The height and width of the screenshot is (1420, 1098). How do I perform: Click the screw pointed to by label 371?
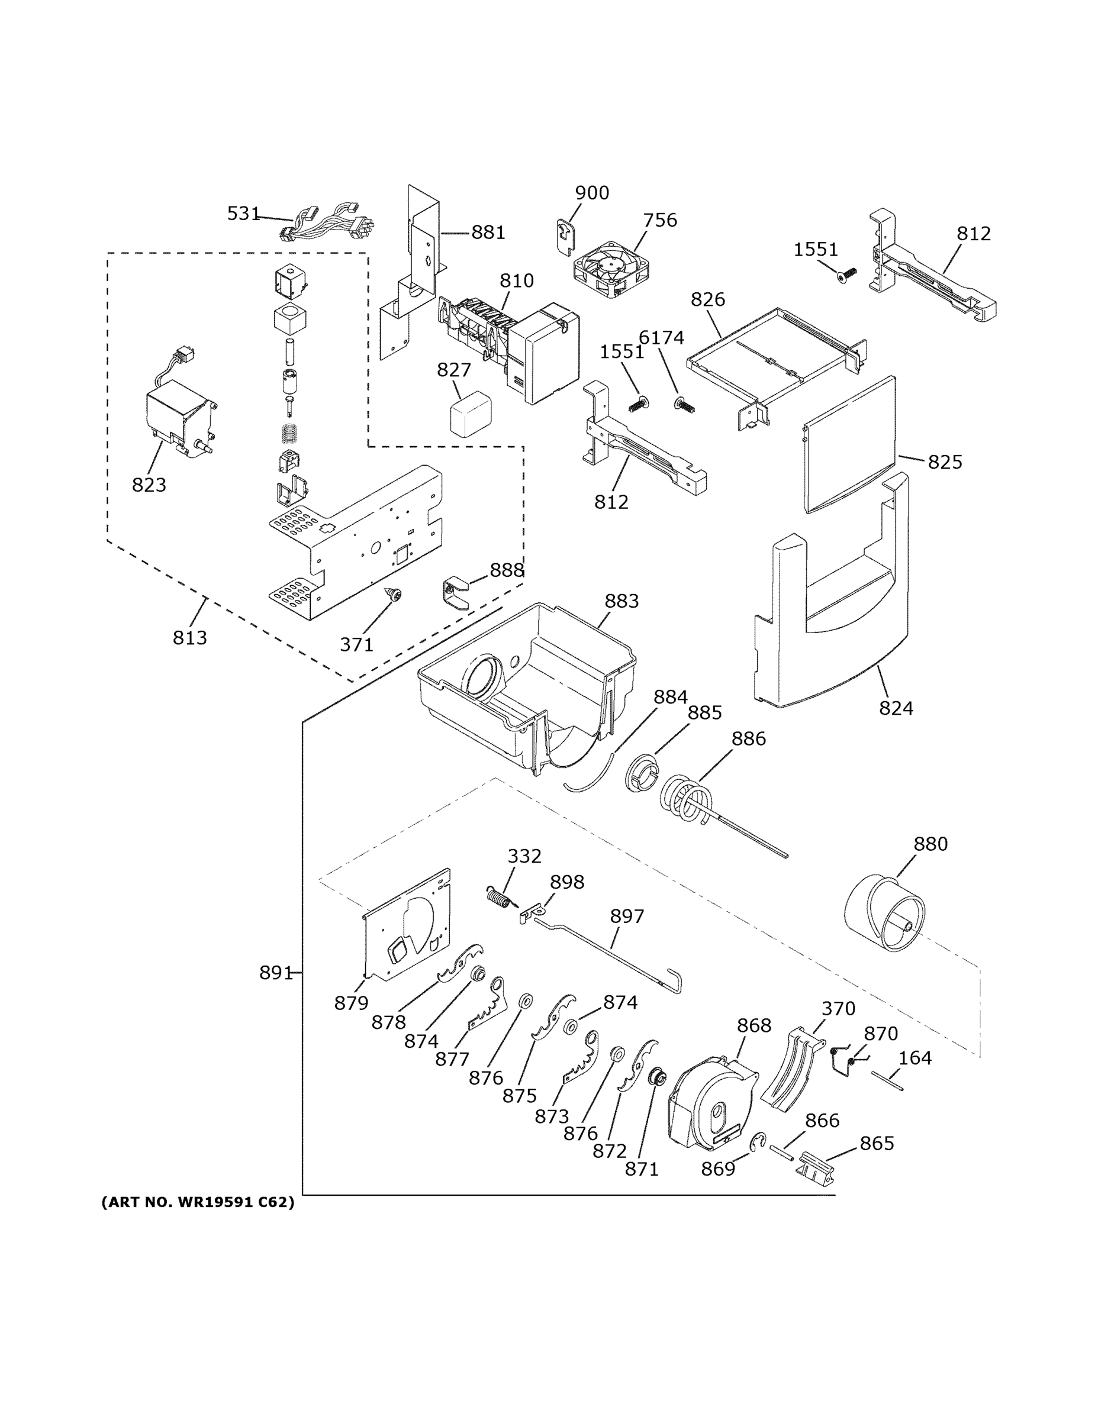(393, 593)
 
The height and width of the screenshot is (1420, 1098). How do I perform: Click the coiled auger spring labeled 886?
(686, 800)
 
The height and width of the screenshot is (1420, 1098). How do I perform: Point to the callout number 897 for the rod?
(626, 916)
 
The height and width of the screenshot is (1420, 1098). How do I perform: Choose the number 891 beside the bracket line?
(275, 973)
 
